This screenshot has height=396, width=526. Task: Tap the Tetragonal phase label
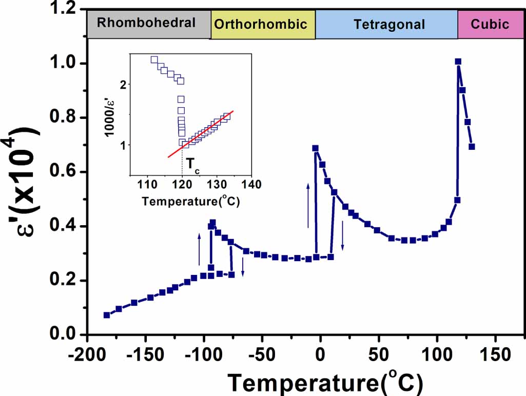pos(389,24)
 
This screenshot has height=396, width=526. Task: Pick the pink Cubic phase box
pos(490,24)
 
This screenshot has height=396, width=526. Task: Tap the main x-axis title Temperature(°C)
pos(325,382)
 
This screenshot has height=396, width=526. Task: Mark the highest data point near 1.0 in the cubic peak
pos(458,62)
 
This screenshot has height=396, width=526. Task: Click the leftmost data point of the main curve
pos(107,315)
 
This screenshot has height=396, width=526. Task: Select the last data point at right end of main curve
pos(472,147)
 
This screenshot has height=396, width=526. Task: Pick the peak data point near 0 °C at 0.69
pos(316,148)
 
